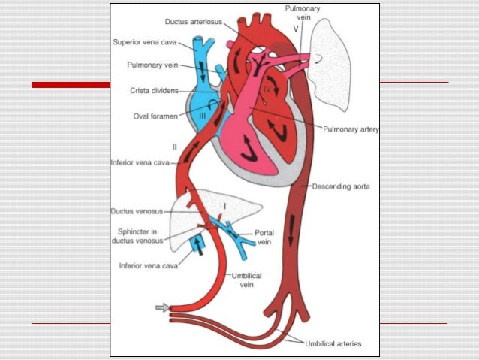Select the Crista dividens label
153,90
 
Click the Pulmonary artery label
351,129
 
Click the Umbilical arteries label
332,344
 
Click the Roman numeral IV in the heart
267,89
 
